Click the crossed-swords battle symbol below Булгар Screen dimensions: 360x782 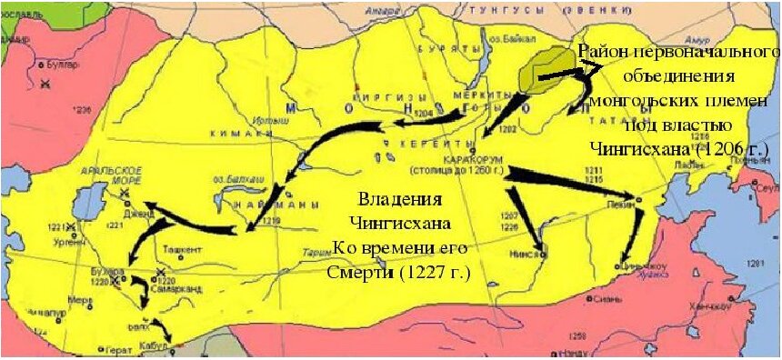(45, 84)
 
